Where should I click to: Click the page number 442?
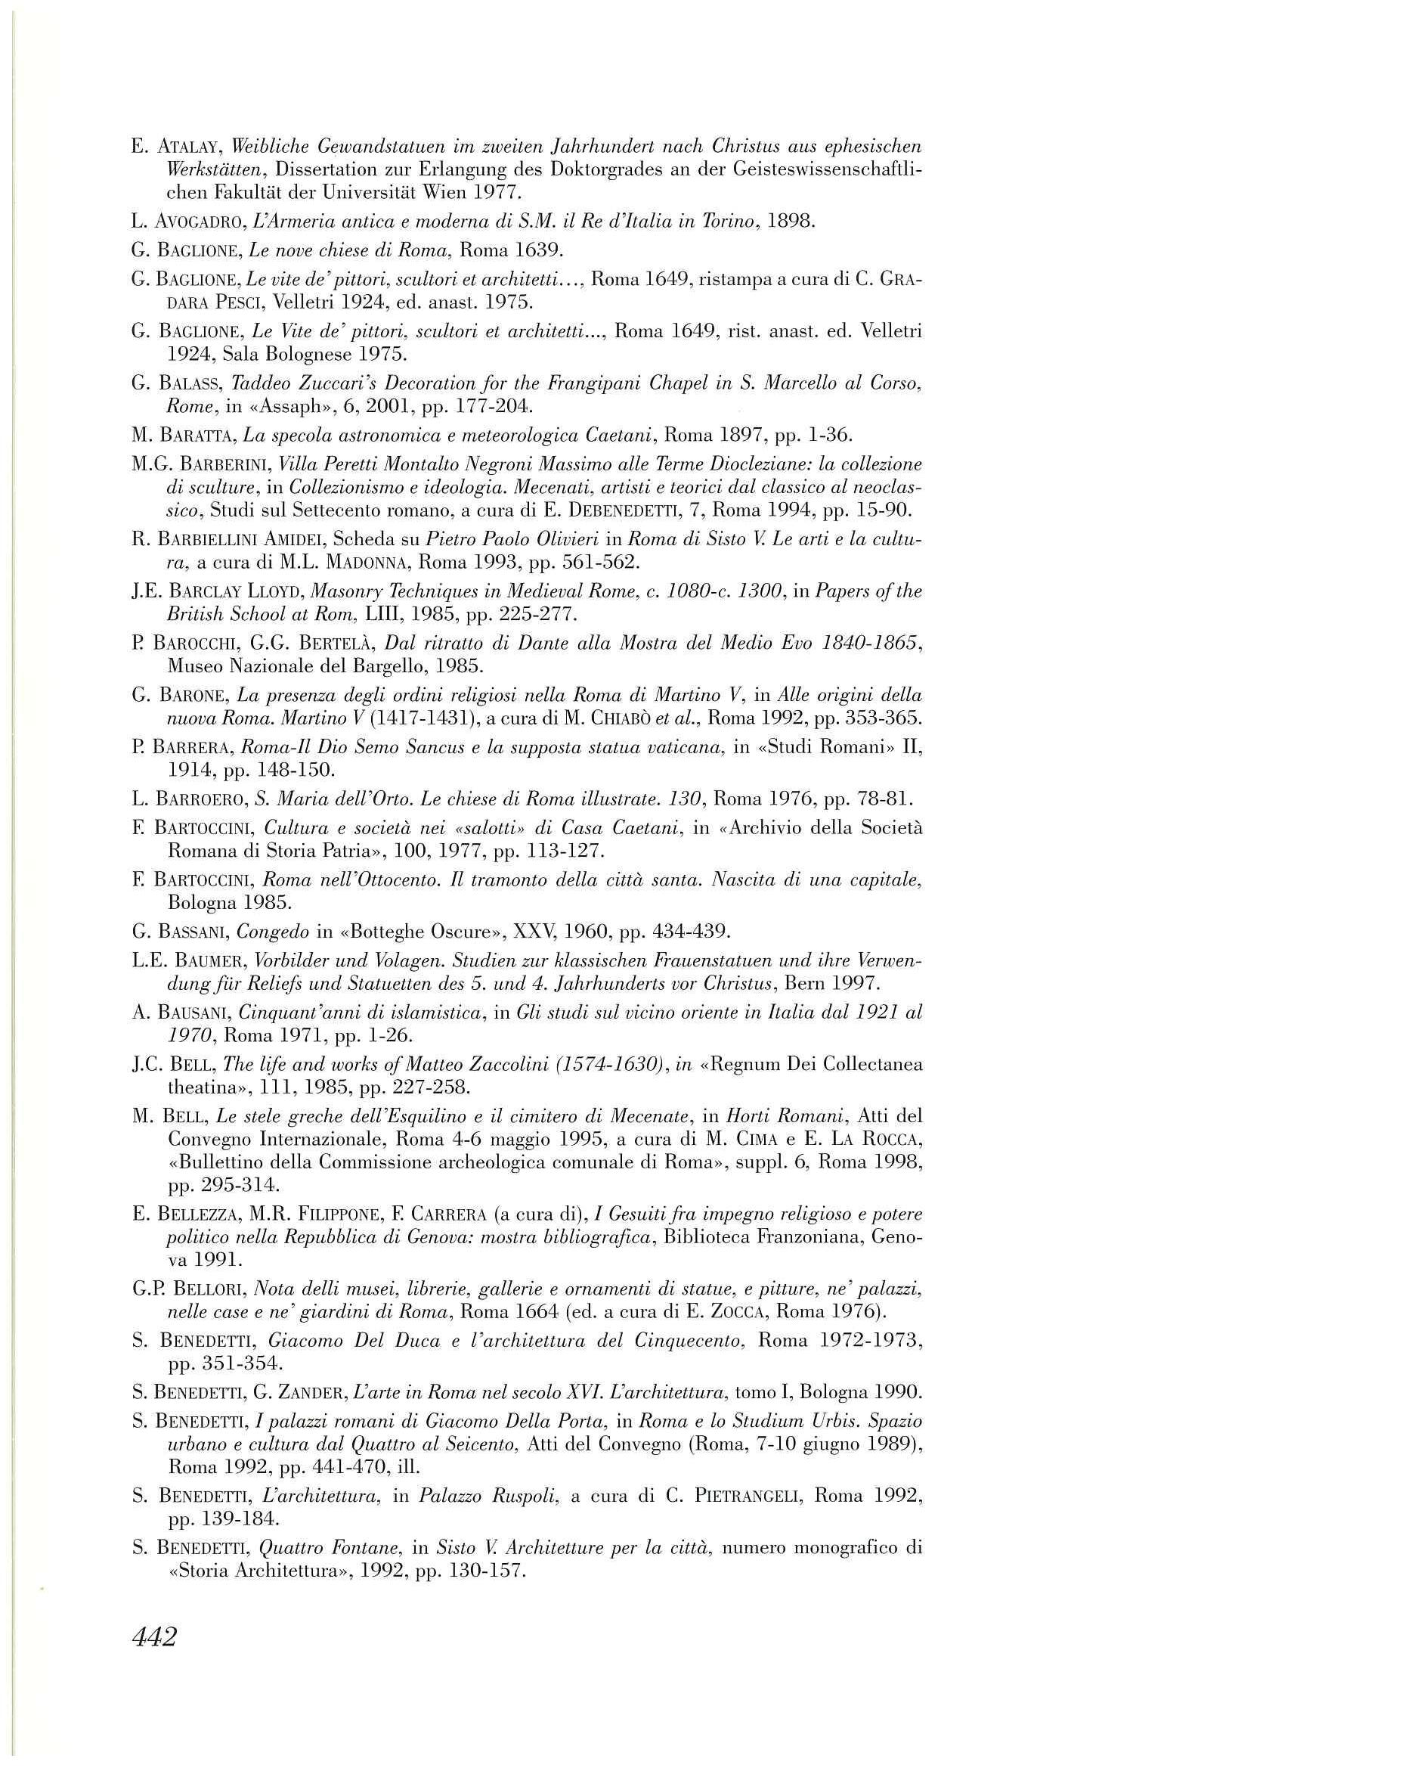(154, 1637)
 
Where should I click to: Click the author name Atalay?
(188, 148)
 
